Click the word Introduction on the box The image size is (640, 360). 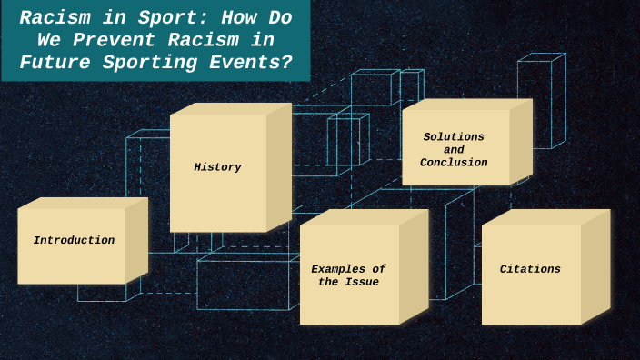click(74, 241)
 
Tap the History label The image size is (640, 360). click(217, 167)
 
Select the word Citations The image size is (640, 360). click(530, 269)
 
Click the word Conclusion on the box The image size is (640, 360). click(454, 163)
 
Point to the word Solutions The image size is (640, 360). click(454, 137)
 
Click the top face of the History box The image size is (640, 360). click(231, 108)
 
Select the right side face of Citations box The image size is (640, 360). click(595, 265)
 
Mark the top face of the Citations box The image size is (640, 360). click(545, 217)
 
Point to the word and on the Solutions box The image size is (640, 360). click(454, 150)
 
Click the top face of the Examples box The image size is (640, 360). click(364, 217)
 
